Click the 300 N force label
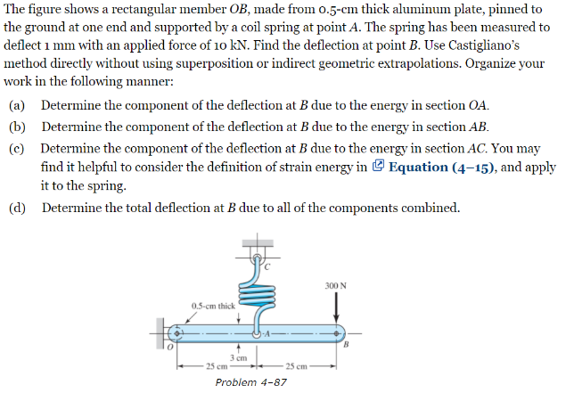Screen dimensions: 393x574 point(336,284)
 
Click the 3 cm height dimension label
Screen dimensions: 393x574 point(238,356)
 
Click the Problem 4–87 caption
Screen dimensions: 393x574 point(252,381)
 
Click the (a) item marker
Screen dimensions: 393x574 point(17,105)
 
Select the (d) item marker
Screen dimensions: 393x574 point(17,209)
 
